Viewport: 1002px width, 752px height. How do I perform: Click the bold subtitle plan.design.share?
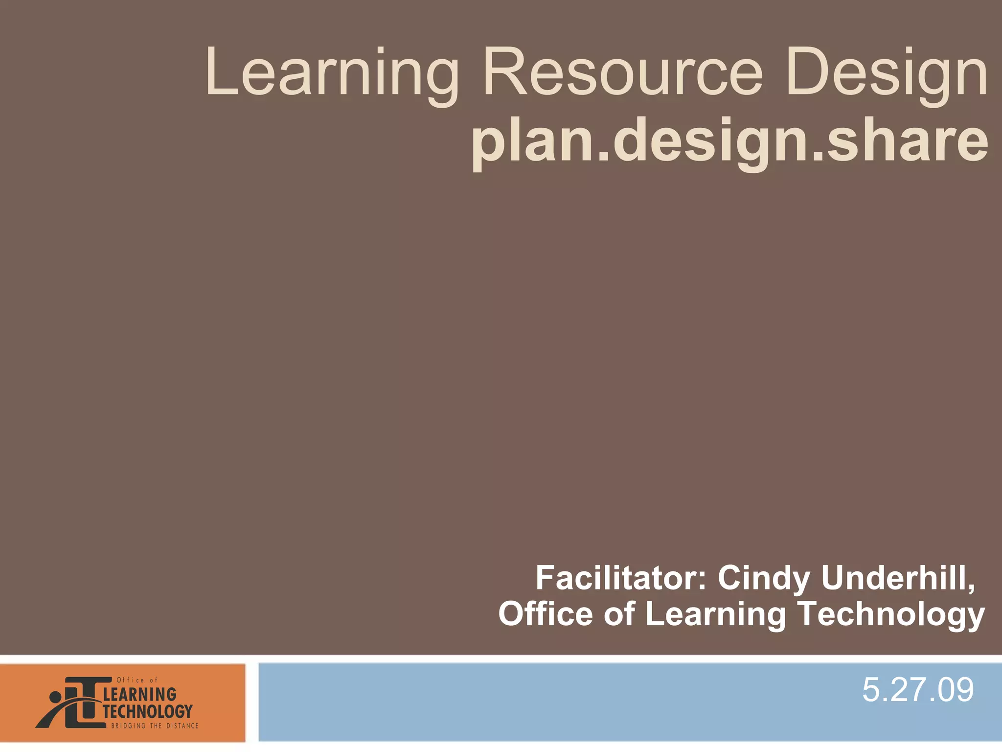[x=729, y=142]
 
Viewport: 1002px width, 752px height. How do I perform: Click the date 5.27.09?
[x=918, y=690]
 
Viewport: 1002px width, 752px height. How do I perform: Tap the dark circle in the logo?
[x=55, y=696]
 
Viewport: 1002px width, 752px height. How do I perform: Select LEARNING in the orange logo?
[x=140, y=694]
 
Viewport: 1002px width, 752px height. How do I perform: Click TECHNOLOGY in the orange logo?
[x=147, y=711]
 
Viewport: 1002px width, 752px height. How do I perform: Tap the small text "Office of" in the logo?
[x=137, y=680]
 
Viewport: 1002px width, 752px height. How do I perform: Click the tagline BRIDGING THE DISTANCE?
[x=155, y=726]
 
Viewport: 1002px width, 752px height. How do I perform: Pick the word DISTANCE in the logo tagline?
[x=182, y=726]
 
